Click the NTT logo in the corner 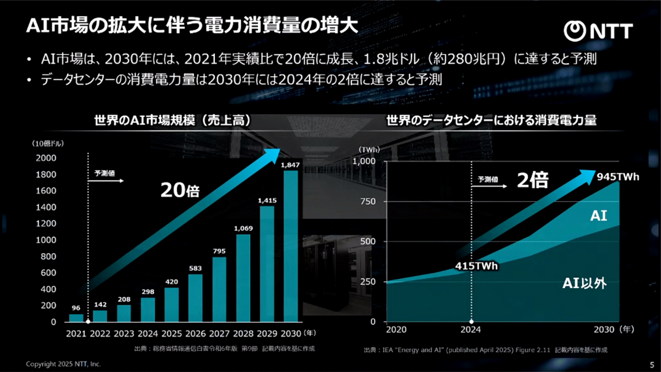point(601,31)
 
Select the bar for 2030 point(291,246)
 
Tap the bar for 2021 point(76,318)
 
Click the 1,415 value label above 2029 point(267,201)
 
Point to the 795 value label point(219,251)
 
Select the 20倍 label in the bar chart point(180,190)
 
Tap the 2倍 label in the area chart point(533,181)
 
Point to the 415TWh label point(476,266)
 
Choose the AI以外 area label point(584,284)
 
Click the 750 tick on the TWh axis point(367,202)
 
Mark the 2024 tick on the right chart point(471,330)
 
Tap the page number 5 point(652,364)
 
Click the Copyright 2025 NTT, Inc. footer point(64,364)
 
